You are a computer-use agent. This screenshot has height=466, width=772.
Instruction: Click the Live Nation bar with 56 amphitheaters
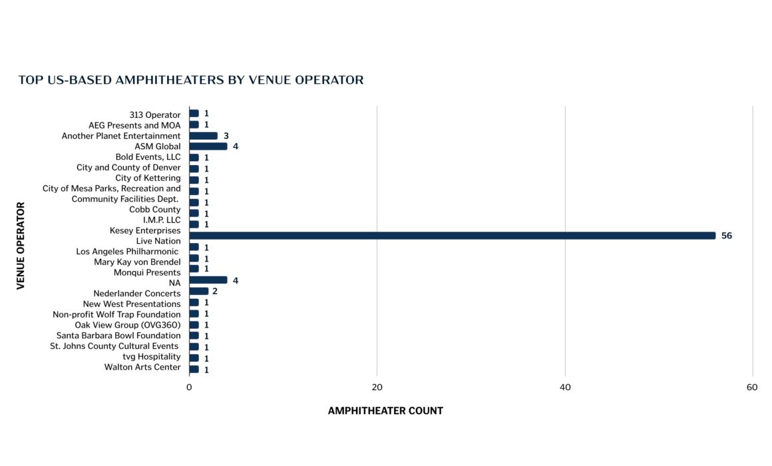pyautogui.click(x=452, y=236)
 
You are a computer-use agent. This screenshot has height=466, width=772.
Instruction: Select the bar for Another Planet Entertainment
pyautogui.click(x=203, y=136)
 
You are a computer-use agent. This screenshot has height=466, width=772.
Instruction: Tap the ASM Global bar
pyautogui.click(x=208, y=146)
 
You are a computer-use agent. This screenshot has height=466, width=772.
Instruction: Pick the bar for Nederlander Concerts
pyautogui.click(x=198, y=291)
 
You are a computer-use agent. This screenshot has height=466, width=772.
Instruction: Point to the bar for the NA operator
pyautogui.click(x=208, y=280)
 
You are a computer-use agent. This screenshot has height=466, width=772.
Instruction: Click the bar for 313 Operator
pyautogui.click(x=194, y=113)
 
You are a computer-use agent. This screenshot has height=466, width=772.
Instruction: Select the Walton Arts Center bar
pyautogui.click(x=194, y=369)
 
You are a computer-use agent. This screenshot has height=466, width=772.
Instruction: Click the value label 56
pyautogui.click(x=726, y=236)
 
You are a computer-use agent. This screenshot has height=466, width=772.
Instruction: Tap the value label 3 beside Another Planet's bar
pyautogui.click(x=226, y=136)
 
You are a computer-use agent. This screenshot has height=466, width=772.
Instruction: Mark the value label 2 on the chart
pyautogui.click(x=215, y=291)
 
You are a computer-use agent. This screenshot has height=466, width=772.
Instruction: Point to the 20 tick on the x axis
pyautogui.click(x=377, y=387)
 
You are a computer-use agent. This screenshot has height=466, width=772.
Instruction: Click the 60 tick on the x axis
pyautogui.click(x=752, y=387)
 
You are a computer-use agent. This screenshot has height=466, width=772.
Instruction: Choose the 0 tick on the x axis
pyautogui.click(x=189, y=387)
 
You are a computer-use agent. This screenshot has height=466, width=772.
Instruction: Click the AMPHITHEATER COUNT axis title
pyautogui.click(x=385, y=411)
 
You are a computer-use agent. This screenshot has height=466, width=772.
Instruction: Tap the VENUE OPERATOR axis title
pyautogui.click(x=20, y=246)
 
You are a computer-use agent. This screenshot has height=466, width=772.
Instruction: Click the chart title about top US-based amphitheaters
pyautogui.click(x=191, y=80)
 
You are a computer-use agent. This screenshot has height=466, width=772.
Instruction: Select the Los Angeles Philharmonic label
pyautogui.click(x=128, y=252)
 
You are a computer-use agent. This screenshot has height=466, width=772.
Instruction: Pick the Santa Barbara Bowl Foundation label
pyautogui.click(x=118, y=336)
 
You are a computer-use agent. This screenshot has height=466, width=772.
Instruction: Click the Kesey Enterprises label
pyautogui.click(x=145, y=230)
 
